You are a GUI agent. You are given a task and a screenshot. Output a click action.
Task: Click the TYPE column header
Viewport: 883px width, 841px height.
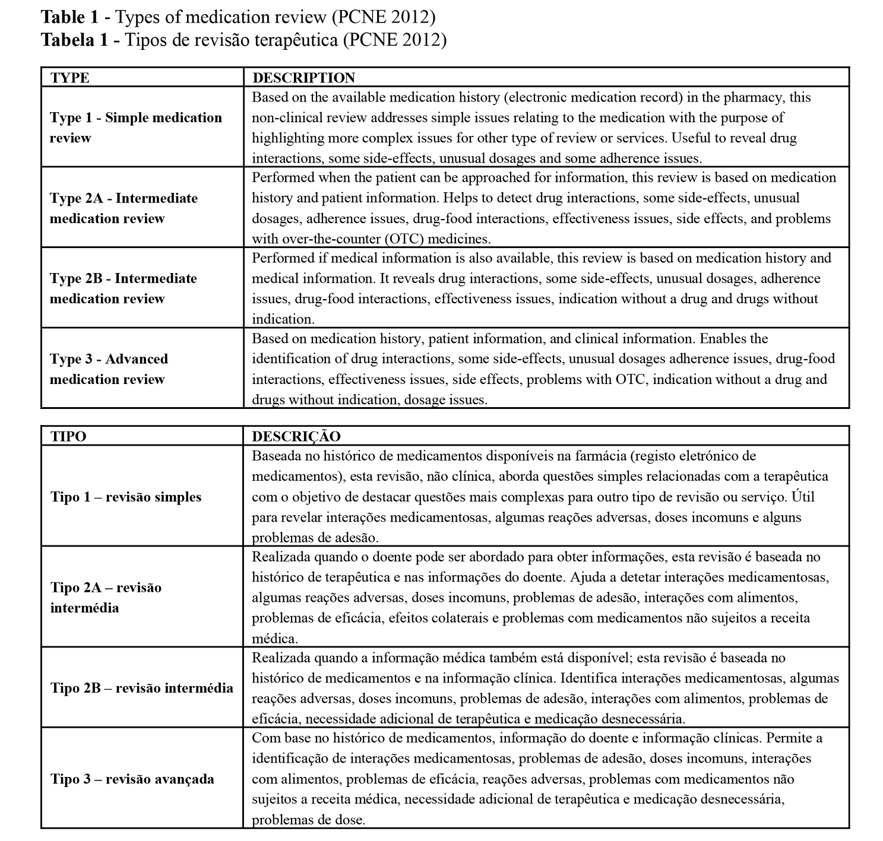[69, 78]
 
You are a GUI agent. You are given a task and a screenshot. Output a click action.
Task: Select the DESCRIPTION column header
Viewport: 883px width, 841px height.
[303, 78]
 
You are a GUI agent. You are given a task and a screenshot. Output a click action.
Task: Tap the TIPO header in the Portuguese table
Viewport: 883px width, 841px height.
[68, 436]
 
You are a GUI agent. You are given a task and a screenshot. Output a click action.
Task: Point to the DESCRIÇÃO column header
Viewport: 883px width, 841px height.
[296, 436]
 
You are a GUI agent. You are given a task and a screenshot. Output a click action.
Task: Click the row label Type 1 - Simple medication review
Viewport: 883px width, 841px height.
[136, 128]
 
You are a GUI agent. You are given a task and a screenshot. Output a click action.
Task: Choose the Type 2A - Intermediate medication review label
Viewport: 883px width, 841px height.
[124, 208]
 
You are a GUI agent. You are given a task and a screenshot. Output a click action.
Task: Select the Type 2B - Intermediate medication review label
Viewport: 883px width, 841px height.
[123, 288]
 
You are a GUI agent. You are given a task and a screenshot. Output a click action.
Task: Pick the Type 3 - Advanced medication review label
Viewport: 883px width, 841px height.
[109, 369]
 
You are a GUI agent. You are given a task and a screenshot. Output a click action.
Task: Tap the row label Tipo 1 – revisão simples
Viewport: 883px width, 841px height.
[126, 497]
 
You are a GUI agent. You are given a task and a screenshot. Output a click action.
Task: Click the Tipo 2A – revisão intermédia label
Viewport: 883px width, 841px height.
[106, 598]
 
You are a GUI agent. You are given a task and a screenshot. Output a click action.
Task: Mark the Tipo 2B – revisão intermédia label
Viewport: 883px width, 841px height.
[142, 688]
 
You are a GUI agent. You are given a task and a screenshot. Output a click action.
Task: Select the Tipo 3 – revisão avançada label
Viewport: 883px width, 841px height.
[132, 779]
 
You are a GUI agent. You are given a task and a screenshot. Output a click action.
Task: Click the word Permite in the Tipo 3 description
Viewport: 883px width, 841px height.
[789, 738]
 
